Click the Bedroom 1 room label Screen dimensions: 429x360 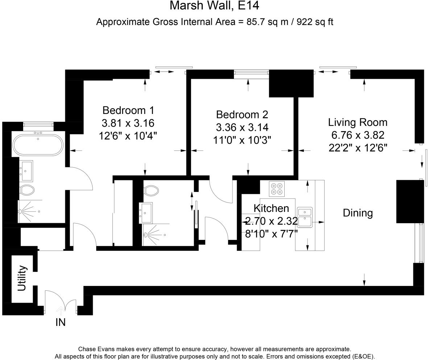coord(128,110)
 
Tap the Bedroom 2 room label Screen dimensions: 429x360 coord(242,114)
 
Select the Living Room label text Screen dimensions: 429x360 coord(358,122)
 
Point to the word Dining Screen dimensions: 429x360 coord(358,213)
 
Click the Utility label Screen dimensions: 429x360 coord(22,278)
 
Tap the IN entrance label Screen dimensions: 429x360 coord(61,323)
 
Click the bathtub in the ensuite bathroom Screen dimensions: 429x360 coord(38,145)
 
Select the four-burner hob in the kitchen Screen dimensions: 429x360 coord(277,189)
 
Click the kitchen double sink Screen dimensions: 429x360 coord(305,217)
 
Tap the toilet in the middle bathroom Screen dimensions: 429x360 coord(151,190)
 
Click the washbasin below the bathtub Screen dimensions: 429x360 coord(26,171)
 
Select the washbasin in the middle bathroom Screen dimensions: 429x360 coord(146,213)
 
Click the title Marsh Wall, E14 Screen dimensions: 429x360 coord(215,5)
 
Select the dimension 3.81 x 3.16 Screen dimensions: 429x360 coord(128,123)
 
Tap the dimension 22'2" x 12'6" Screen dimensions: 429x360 coord(358,148)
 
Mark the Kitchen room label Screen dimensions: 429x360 coord(271,208)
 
